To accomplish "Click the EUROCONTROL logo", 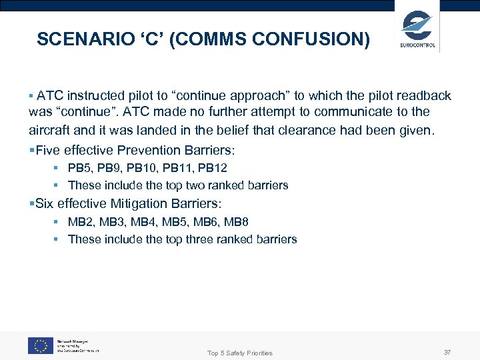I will pos(418,29).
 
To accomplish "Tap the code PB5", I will pos(80,168).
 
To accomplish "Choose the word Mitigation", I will pos(141,203).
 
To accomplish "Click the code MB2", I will pos(81,221).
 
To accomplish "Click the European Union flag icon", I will pos(41,345).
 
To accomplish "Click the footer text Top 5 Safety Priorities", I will pos(239,353).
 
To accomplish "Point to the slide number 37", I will pos(446,351).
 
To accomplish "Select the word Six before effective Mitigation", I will pos(45,203).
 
